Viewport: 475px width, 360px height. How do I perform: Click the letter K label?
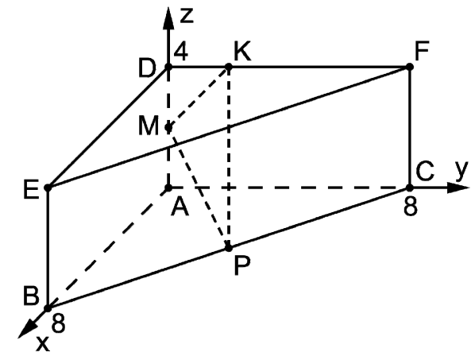point(242,52)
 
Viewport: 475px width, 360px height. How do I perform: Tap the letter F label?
point(421,51)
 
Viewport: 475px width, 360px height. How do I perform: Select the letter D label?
point(147,68)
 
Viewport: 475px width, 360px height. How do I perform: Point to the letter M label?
point(148,125)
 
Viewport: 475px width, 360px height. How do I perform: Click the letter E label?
point(31,189)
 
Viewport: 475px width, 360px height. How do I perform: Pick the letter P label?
point(242,265)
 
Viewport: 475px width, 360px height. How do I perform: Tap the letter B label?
point(31,295)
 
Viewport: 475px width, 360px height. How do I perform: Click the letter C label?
point(425,171)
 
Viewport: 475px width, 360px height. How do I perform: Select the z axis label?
point(187,16)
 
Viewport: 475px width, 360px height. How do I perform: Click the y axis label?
point(462,170)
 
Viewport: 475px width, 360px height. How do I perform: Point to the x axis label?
point(43,343)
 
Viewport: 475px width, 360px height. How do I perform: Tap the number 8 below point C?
point(411,206)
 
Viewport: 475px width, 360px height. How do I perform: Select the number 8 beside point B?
point(58,323)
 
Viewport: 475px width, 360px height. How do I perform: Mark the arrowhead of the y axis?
point(458,188)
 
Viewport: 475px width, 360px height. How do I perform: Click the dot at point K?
point(229,67)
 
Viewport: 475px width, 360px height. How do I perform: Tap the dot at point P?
point(229,248)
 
